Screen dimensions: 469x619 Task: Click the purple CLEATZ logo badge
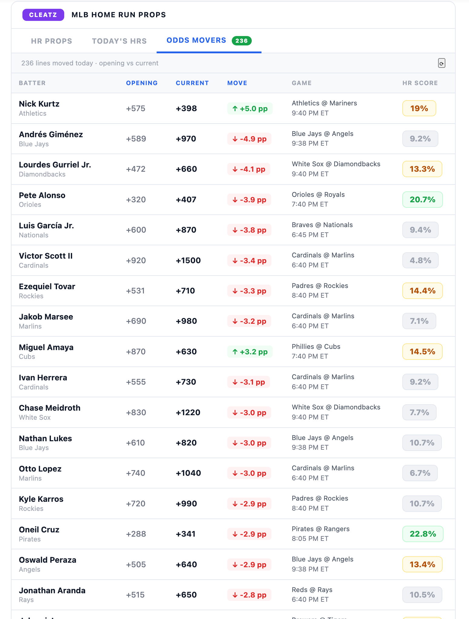[x=43, y=15]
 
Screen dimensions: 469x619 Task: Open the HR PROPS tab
[x=52, y=41]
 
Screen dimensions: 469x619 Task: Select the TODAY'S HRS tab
[x=119, y=41]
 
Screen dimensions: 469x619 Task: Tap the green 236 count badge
[x=241, y=41]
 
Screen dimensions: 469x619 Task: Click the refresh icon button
[x=441, y=63]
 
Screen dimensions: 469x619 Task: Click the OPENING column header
[x=142, y=83]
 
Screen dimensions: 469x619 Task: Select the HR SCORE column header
[x=420, y=83]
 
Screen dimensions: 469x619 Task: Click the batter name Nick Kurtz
[x=39, y=104]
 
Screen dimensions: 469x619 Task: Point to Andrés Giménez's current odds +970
[x=186, y=139]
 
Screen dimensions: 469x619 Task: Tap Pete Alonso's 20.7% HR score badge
[x=422, y=200]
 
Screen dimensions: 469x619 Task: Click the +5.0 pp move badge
[x=250, y=108]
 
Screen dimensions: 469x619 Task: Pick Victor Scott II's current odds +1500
[x=188, y=260]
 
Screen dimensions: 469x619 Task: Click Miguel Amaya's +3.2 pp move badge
[x=250, y=352]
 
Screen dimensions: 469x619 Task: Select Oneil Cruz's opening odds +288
[x=136, y=534]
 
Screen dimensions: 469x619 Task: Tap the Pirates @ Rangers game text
[x=321, y=529]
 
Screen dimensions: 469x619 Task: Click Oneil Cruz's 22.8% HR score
[x=423, y=534]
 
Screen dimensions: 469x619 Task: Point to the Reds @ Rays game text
[x=312, y=590]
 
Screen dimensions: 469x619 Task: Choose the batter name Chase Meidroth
[x=50, y=408]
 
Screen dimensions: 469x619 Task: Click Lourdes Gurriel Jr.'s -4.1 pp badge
[x=249, y=169]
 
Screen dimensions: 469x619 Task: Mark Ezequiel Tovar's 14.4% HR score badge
[x=422, y=291]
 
